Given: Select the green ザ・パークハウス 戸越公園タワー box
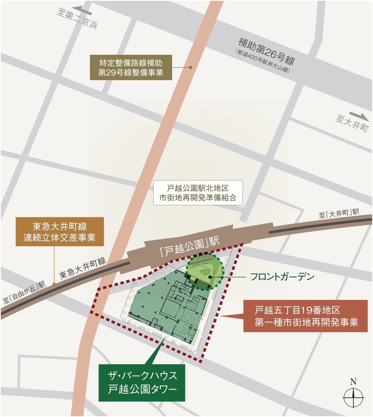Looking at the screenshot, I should click(x=142, y=383).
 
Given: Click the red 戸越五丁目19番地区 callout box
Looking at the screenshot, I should click(x=305, y=316).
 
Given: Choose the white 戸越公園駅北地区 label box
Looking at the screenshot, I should click(x=198, y=193).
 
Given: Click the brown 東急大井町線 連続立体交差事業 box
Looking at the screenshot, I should click(x=60, y=232).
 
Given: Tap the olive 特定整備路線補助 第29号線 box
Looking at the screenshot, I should click(x=131, y=68).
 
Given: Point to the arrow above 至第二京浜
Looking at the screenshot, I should click(x=83, y=11).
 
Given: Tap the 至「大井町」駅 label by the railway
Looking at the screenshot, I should click(x=339, y=213).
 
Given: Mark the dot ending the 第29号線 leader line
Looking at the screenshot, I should click(x=191, y=67).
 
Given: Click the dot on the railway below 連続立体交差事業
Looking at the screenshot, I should click(x=54, y=284).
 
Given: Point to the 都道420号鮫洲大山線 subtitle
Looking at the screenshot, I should click(x=263, y=61).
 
